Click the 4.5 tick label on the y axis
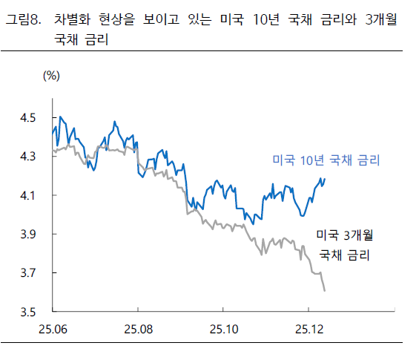coord(31,117)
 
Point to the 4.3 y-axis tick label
coord(31,157)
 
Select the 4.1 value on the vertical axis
coord(31,195)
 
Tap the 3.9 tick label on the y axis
coord(31,235)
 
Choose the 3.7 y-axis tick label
coord(31,273)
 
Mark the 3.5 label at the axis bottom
coord(31,312)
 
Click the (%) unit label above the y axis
coord(51,75)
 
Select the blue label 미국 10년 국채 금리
coord(326,160)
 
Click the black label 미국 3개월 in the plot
coord(344,236)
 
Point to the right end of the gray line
coord(325,290)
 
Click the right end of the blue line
coord(325,178)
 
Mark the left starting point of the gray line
coord(53,151)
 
